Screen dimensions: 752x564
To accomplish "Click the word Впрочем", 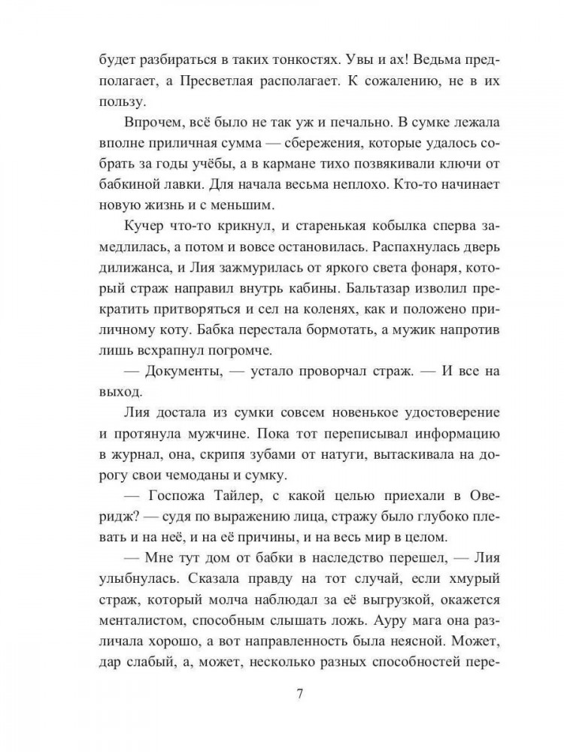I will tap(147, 124).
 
